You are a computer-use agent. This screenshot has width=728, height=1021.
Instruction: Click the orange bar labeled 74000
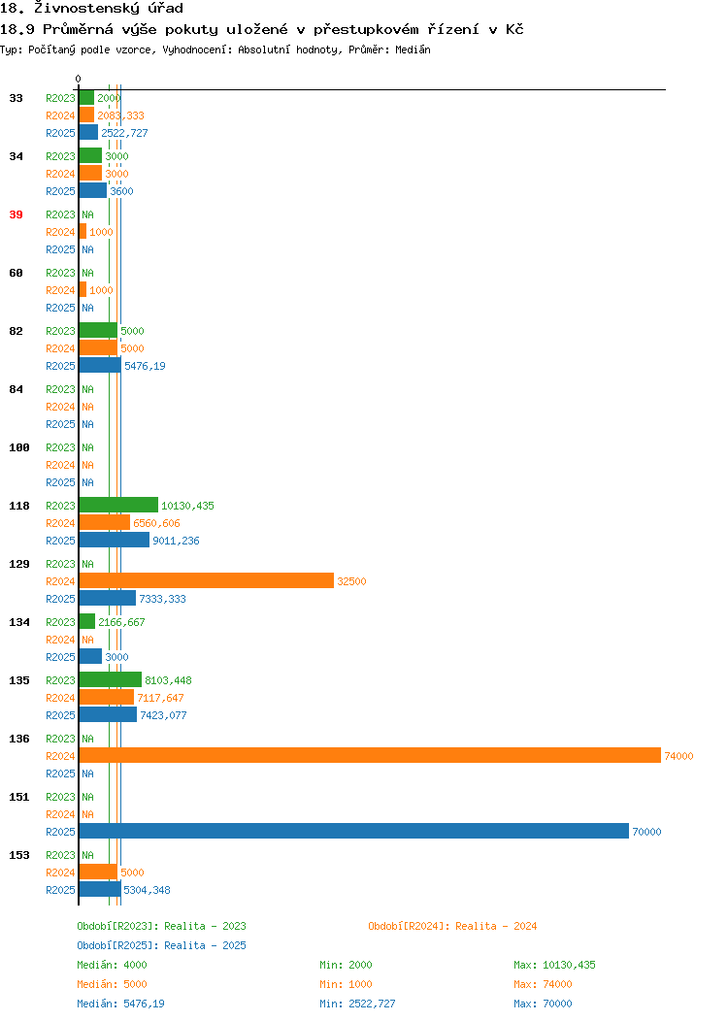[x=370, y=755]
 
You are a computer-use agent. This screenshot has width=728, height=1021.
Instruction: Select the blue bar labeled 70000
[x=354, y=831]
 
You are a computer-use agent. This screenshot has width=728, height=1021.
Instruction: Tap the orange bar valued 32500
[x=207, y=580]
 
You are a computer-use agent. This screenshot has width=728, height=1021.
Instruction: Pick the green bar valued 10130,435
[x=118, y=505]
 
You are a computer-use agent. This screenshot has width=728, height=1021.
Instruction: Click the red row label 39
[x=17, y=214]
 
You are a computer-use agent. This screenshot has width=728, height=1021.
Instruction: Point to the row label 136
[x=18, y=739]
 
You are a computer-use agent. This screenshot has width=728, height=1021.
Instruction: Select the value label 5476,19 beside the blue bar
[x=145, y=366]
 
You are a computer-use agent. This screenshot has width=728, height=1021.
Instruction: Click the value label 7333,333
[x=162, y=599]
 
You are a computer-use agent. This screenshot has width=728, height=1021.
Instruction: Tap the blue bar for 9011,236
[x=114, y=540]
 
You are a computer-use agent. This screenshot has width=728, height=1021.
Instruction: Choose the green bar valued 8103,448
[x=111, y=679]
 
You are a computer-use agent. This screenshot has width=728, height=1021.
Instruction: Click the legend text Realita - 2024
[x=496, y=926]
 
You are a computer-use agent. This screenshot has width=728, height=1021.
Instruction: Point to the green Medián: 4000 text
[x=112, y=965]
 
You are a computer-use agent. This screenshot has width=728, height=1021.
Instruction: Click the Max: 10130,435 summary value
[x=554, y=965]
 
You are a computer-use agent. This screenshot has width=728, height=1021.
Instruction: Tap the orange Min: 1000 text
[x=346, y=984]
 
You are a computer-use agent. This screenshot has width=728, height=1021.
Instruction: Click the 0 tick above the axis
[x=79, y=79]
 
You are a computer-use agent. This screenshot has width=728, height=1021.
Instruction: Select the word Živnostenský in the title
[x=86, y=9]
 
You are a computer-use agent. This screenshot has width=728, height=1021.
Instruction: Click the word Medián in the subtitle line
[x=413, y=49]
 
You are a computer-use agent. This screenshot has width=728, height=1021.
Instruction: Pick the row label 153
[x=18, y=855]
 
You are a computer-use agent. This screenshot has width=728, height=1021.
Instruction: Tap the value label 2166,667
[x=121, y=622]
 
